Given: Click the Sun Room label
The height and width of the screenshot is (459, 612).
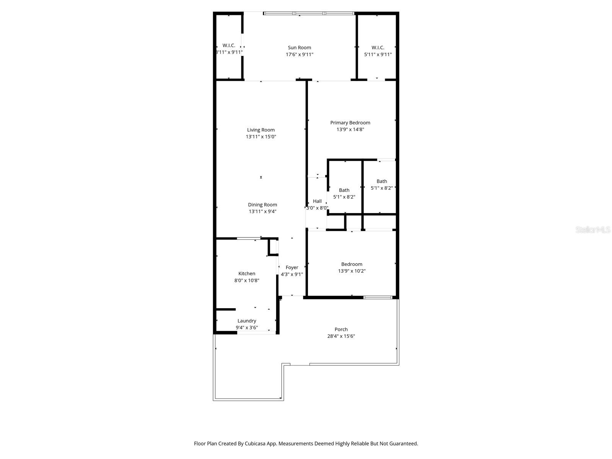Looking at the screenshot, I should point(299,48).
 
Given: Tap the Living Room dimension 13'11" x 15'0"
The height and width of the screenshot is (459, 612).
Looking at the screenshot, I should point(261,137).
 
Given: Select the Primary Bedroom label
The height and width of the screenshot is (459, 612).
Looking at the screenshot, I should point(350,123).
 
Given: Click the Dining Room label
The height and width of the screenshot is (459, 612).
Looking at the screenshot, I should point(262,205).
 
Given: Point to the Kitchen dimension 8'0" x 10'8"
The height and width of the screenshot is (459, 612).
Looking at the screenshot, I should point(247,280).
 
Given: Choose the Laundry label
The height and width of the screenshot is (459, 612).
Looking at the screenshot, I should point(247,321).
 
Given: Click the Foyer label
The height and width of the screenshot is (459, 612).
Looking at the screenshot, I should point(292,267).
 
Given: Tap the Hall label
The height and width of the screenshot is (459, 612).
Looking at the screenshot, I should point(317,201).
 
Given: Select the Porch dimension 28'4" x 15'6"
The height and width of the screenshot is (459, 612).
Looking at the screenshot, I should point(341,336).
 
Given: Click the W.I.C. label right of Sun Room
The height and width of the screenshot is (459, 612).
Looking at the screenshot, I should point(378,48).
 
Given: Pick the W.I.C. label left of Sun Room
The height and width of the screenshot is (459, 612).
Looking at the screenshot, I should point(229,46).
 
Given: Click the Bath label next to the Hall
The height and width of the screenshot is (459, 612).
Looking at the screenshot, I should point(344,190).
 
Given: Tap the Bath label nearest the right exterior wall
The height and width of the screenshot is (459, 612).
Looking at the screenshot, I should point(381,181).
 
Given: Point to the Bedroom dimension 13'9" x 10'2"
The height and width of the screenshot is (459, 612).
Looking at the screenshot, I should point(352,271).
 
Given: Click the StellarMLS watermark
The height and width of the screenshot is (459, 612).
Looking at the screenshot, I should point(593,230).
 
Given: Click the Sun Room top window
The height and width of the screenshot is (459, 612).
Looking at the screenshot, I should point(308,14).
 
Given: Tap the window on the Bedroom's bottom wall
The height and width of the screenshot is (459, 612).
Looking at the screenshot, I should point(378,297).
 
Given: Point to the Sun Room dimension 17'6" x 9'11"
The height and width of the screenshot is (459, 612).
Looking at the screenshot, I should point(299,55).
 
